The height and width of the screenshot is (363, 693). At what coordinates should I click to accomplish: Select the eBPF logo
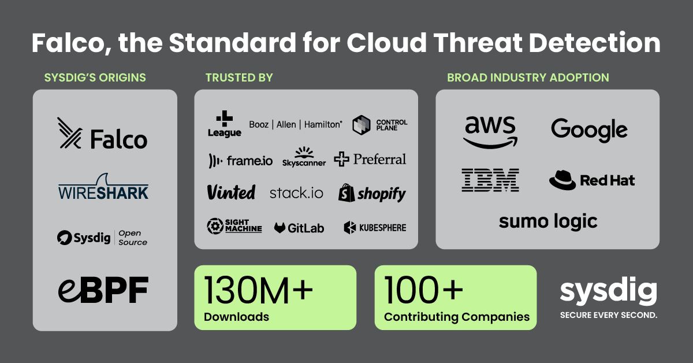coord(103,290)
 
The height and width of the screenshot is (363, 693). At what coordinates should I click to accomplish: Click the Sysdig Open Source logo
coord(102,237)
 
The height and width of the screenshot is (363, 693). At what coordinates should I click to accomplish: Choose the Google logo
coord(589,129)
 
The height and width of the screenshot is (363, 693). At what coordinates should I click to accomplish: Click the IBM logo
coord(490,180)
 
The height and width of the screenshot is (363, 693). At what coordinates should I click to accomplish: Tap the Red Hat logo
coord(592,180)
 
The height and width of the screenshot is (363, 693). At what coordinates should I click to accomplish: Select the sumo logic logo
coord(548,221)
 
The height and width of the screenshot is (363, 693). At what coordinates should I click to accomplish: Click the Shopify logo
coord(372,193)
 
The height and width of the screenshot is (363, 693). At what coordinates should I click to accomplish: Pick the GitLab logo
coord(299,228)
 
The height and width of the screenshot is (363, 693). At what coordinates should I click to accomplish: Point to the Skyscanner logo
coord(304,157)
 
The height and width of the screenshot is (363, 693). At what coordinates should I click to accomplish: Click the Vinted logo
coord(231,192)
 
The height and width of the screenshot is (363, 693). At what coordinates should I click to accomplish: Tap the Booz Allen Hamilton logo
coord(295,124)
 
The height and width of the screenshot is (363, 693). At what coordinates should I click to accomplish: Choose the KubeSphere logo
coord(375,228)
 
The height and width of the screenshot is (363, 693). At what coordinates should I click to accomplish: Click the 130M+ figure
coord(258,291)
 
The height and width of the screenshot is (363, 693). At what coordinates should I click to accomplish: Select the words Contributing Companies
coord(457,317)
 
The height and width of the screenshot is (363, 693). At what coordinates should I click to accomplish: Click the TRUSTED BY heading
coord(239,77)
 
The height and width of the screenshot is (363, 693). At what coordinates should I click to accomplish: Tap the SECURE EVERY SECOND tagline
coord(608,316)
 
